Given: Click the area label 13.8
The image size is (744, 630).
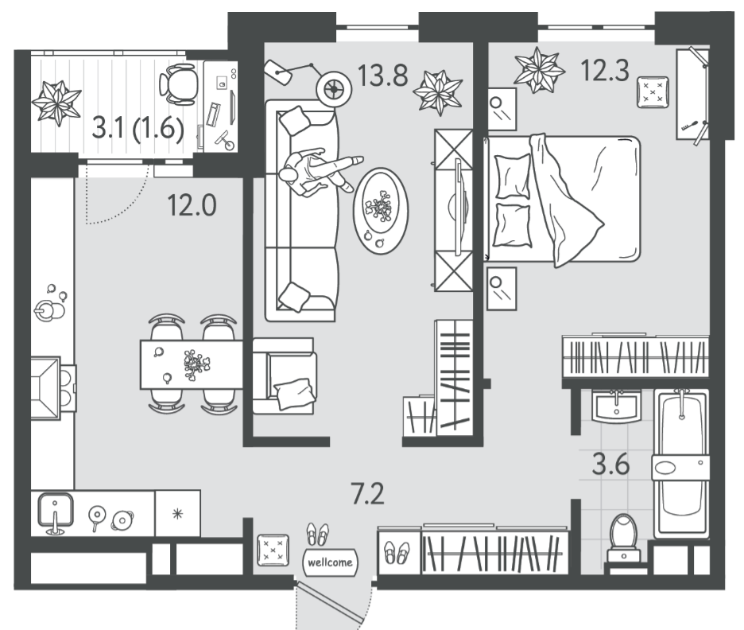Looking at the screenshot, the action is (x=382, y=76).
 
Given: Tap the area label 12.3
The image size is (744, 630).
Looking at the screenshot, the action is (x=605, y=70).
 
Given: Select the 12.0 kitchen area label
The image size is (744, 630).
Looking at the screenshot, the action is (x=192, y=205).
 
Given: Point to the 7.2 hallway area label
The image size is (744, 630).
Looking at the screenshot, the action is (x=367, y=494).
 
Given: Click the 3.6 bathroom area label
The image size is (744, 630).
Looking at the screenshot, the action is (x=610, y=465).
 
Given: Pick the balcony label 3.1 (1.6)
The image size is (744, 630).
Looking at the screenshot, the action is (x=138, y=128).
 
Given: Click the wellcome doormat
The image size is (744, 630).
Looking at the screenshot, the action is (x=330, y=562).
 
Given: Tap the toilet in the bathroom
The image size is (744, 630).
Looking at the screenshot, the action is (x=623, y=538).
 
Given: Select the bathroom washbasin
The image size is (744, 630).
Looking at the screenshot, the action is (x=616, y=406).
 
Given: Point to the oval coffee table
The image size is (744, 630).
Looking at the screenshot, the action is (x=381, y=210).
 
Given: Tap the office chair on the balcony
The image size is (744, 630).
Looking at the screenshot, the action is (x=180, y=84).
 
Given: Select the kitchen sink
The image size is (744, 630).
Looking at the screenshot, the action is (x=56, y=511).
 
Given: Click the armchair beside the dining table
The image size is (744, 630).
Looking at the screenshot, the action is (x=284, y=375).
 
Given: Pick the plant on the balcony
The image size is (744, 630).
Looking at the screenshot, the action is (x=56, y=103).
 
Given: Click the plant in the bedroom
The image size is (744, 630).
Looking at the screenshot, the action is (x=540, y=70).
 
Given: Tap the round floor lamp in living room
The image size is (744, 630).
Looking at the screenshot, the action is (x=335, y=88).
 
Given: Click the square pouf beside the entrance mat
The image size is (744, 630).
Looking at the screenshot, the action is (x=273, y=550).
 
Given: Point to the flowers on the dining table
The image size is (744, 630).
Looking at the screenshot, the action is (x=196, y=364).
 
